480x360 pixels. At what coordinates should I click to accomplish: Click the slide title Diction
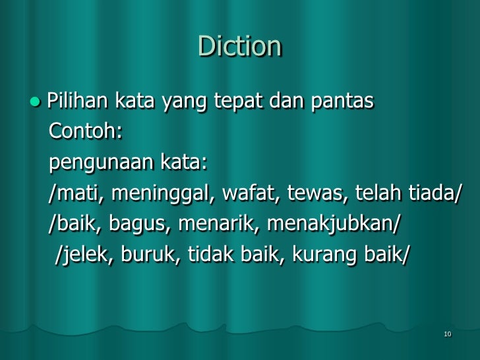(240, 46)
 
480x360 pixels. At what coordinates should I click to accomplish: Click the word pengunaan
(102, 162)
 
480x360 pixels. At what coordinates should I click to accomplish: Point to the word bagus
(133, 224)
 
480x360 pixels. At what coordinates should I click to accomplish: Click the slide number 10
(448, 335)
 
